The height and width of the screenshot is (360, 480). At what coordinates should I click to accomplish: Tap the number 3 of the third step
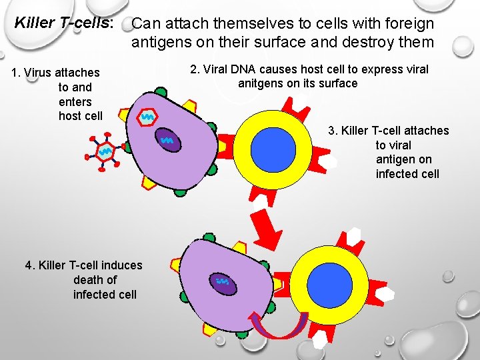[x=331, y=131]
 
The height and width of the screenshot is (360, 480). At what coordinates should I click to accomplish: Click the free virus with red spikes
[x=105, y=153]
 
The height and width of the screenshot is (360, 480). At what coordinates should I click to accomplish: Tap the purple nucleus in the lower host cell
[x=223, y=284]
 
